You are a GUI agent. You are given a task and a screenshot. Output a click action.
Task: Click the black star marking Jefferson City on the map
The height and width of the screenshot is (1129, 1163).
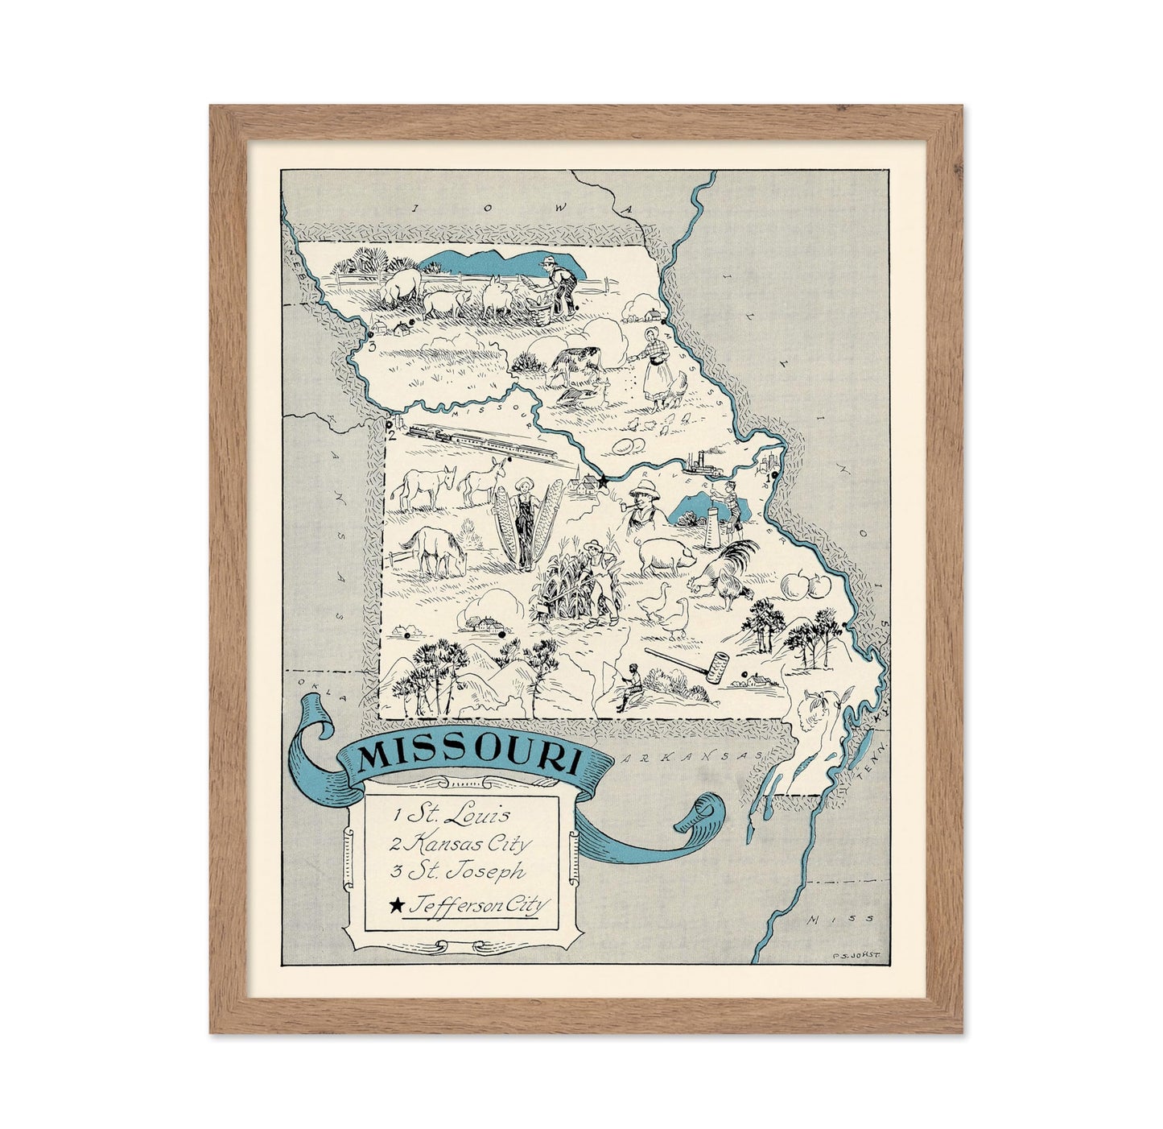(x=603, y=480)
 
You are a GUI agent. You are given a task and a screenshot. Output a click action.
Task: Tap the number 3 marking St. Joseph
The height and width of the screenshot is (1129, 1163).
(x=372, y=346)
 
